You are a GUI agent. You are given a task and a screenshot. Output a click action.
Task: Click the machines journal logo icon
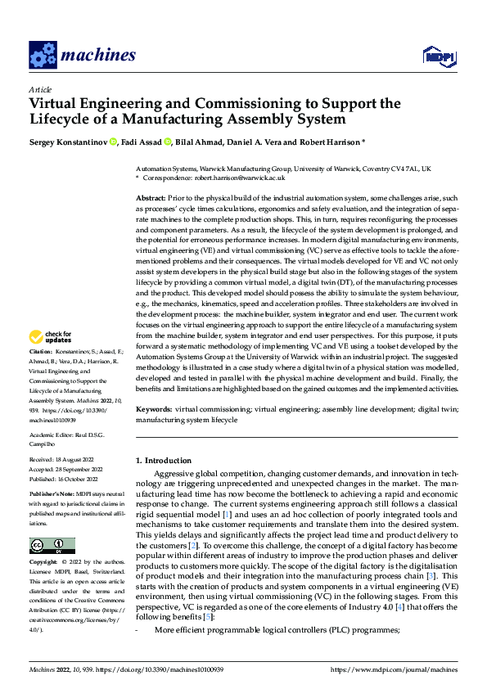tap(42, 55)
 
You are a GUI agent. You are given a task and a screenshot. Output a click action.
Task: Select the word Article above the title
tap(40, 89)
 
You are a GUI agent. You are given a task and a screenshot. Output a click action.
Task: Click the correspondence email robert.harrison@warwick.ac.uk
tap(243, 177)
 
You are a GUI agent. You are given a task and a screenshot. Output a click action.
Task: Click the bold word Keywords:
tap(154, 408)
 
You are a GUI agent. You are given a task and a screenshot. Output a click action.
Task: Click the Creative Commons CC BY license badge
tap(52, 546)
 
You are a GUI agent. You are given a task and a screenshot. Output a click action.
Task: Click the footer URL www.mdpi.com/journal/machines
tap(394, 670)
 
